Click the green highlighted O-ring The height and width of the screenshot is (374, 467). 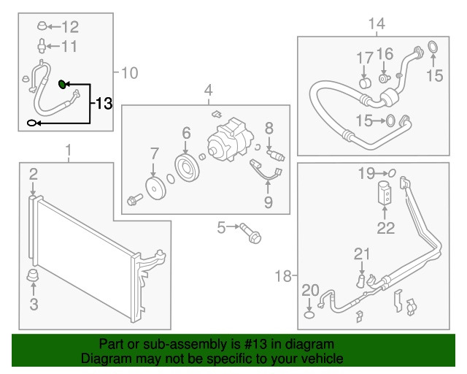(63, 84)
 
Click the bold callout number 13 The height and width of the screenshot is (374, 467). (103, 104)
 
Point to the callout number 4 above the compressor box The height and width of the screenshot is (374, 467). (208, 91)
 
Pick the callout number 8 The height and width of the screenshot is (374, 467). (268, 128)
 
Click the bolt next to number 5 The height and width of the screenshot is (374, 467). (252, 233)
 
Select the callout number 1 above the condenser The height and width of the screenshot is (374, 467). (69, 151)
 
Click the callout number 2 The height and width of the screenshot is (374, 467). (34, 173)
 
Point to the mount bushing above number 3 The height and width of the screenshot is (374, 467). (33, 276)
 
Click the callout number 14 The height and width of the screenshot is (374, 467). (377, 24)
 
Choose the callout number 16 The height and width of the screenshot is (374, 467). (385, 53)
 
